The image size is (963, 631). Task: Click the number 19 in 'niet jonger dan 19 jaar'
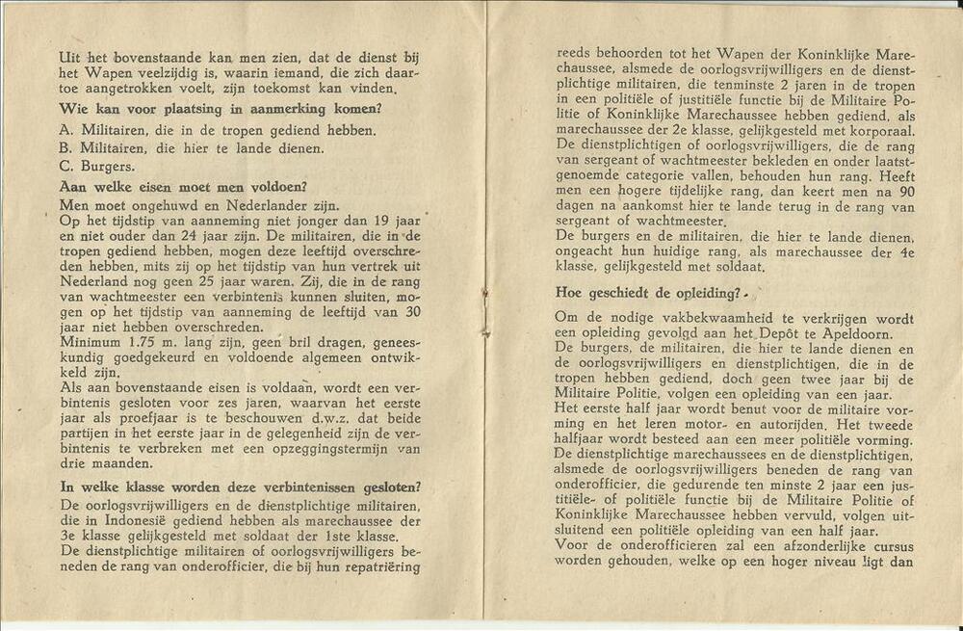click(367, 223)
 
